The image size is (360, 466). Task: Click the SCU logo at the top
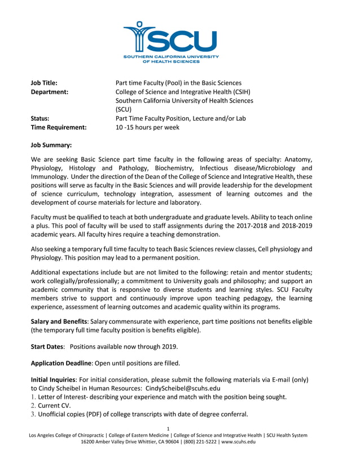tap(170, 41)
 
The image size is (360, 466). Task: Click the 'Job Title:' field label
tap(45, 83)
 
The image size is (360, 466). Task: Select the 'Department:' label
tap(50, 92)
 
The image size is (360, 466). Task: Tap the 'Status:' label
tap(40, 118)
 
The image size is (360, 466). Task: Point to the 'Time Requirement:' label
tap(59, 128)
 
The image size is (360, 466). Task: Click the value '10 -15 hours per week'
tap(147, 128)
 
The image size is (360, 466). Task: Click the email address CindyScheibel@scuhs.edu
tap(183, 388)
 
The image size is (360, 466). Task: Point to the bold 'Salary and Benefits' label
tap(59, 322)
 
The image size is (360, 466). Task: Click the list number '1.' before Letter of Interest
tap(34, 397)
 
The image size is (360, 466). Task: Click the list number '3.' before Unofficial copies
tap(34, 414)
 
